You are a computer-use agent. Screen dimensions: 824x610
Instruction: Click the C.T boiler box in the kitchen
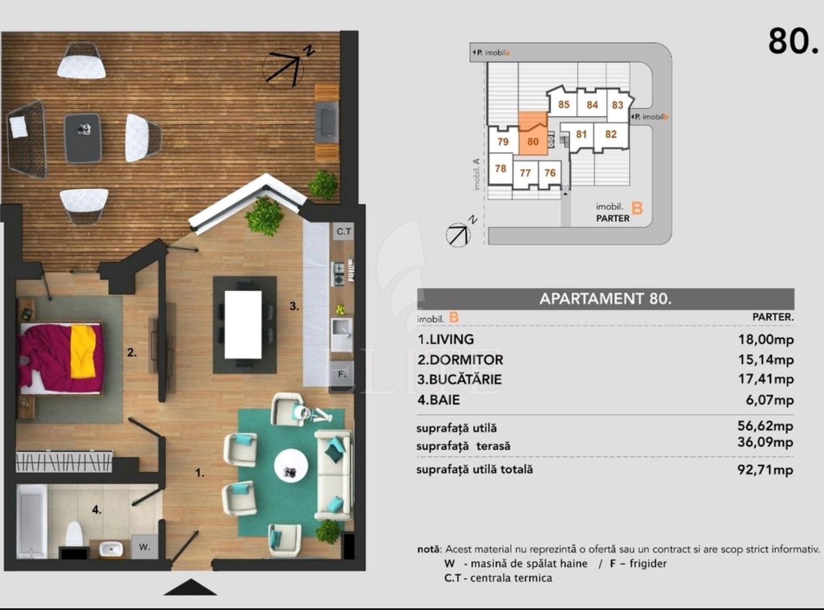[x=344, y=231]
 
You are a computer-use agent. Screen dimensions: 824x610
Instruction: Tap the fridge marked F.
[x=342, y=375]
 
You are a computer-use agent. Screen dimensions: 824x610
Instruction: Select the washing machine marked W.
[x=144, y=546]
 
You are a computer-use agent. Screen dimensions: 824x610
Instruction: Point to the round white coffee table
[x=291, y=466]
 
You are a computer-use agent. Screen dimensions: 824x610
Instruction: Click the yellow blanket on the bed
[x=83, y=351]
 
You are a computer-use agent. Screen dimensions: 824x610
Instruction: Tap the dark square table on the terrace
[x=83, y=138]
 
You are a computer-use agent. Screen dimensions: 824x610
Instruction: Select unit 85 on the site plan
[x=564, y=105]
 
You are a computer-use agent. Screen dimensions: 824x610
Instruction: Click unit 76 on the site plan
[x=550, y=173]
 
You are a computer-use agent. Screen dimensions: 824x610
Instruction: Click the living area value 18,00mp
[x=765, y=339]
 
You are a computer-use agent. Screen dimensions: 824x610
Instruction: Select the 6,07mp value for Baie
[x=770, y=400]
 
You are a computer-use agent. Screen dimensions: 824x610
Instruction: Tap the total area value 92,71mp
[x=765, y=470]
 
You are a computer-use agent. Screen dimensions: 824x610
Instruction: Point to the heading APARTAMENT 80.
[x=606, y=299]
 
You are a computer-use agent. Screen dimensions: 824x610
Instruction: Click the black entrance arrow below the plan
[x=190, y=587]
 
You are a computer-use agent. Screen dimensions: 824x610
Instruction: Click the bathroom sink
[x=111, y=549]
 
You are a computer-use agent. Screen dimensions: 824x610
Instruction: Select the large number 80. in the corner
[x=793, y=41]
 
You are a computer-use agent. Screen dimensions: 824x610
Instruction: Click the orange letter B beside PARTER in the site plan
[x=637, y=208]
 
